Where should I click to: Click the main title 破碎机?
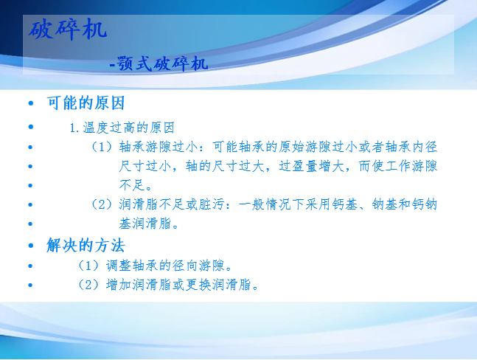pos(68,30)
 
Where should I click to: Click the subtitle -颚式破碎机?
pos(159,63)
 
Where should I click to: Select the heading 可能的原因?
pos(86,103)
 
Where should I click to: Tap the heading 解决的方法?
pos(86,245)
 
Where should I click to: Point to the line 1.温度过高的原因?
pos(122,128)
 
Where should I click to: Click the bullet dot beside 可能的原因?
pos(31,103)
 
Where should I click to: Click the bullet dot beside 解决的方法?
pos(31,245)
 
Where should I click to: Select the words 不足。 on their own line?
pos(136,185)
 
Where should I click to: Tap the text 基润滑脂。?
pos(148,224)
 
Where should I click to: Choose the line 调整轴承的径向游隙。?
pos(169,266)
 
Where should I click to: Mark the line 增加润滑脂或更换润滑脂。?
pos(182,285)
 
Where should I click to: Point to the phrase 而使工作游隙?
pos(398,166)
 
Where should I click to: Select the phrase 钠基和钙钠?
pos(405,204)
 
